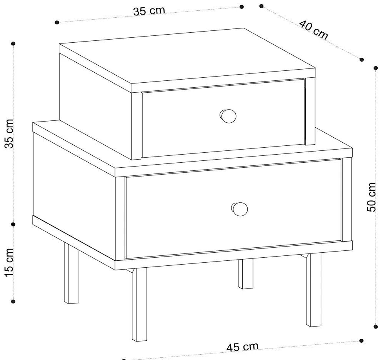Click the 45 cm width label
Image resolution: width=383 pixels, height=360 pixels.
pos(242,347)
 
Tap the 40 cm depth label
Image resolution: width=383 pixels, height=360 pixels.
pos(314,30)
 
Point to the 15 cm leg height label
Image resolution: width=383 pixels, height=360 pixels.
pos(9,263)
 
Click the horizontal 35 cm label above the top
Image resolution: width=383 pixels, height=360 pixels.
pos(149,11)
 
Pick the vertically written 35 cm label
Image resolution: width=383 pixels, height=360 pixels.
pos(9,133)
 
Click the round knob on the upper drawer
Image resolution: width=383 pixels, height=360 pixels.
pos(228,116)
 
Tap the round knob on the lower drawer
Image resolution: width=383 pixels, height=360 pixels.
pos(239,209)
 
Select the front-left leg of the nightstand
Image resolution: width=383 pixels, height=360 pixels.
pos(140,304)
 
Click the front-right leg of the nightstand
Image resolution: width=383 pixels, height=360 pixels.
pos(314,290)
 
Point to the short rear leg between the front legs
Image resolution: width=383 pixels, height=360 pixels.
pos(246,274)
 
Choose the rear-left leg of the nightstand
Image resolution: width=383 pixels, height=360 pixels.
pos(72,273)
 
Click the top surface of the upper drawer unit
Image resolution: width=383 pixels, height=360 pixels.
pos(187,60)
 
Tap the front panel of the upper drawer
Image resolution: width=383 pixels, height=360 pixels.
pos(223,118)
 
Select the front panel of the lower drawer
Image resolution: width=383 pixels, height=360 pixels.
pos(233,209)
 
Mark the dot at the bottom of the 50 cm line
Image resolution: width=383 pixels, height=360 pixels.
pos(376,327)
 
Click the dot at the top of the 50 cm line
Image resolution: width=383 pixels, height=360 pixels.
pos(376,68)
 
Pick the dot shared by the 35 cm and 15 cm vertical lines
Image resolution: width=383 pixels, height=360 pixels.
pos(13,224)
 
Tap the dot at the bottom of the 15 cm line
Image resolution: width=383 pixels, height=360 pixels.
pos(13,302)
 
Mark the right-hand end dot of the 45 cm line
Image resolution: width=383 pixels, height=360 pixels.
pos(361,341)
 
